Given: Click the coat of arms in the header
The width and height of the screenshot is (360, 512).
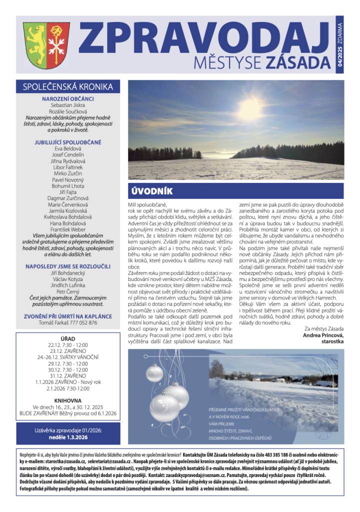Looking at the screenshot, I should (x=46, y=44).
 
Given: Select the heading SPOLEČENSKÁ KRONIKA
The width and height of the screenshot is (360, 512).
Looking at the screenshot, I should (x=68, y=87).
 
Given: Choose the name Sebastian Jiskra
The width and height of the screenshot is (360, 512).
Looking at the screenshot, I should (x=68, y=105).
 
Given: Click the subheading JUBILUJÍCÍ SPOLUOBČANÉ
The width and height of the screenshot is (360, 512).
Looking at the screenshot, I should (x=68, y=142).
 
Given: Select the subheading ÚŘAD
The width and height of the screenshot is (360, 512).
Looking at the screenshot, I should (x=68, y=338).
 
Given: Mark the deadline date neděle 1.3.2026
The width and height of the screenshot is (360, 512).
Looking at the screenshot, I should (x=68, y=437).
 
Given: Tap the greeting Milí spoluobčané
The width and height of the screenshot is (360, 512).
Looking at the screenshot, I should (x=147, y=205).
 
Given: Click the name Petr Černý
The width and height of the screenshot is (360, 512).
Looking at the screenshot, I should (x=68, y=291).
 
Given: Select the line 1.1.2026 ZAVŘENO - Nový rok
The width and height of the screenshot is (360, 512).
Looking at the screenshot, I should (x=68, y=382).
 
